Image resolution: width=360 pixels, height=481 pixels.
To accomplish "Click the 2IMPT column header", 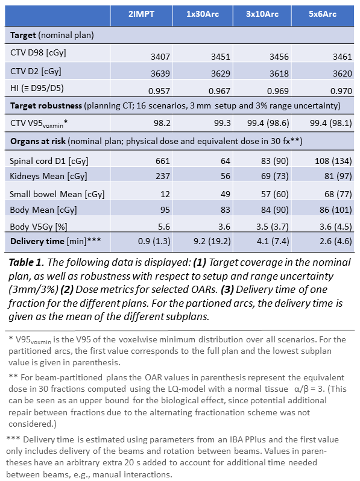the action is [x=141, y=14].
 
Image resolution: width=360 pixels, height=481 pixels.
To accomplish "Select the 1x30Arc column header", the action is [x=203, y=14].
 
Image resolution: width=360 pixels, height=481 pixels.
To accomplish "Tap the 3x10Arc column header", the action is [x=262, y=14].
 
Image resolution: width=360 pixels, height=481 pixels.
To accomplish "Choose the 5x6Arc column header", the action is [x=323, y=14].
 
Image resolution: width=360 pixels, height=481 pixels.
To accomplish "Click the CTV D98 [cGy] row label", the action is [x=38, y=53].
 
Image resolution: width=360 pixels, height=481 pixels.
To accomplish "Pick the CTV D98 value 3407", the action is [x=160, y=57].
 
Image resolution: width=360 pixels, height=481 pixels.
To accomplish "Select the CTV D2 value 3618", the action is [x=279, y=74].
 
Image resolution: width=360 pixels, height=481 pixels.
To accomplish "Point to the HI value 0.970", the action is [x=341, y=91].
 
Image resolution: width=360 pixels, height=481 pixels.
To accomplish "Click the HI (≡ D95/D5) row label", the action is [x=37, y=89].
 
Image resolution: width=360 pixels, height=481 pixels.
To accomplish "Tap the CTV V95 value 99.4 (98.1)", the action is [x=331, y=123].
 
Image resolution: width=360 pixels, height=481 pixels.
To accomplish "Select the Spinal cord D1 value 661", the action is [x=163, y=161].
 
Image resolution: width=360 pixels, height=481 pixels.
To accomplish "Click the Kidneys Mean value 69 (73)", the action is [x=275, y=176].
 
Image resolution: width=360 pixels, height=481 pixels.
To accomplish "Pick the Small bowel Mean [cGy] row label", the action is [x=57, y=194].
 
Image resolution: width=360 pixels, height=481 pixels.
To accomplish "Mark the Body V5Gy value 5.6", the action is [x=163, y=227].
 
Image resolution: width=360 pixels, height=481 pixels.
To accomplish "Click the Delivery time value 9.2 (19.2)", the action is [x=212, y=242].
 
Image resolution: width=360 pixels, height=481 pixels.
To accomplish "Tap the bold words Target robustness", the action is [x=46, y=106].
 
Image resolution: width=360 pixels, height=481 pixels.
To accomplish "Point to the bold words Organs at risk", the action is [x=38, y=142].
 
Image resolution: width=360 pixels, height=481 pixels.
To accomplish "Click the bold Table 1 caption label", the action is [x=27, y=263].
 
